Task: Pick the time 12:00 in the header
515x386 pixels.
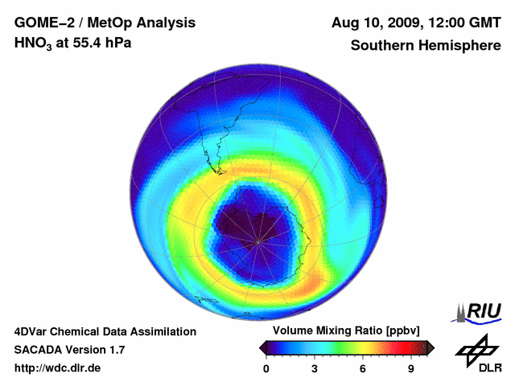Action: click(x=443, y=22)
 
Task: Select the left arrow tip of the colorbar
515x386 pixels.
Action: click(x=261, y=347)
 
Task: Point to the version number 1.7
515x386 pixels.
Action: click(x=115, y=350)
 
